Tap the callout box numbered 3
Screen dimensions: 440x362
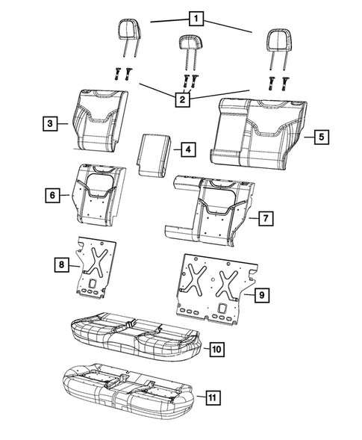point(49,125)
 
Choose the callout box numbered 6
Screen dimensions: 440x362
point(49,195)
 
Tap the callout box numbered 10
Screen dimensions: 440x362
point(215,349)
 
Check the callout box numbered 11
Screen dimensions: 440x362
point(213,397)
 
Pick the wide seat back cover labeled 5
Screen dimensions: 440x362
point(258,130)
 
